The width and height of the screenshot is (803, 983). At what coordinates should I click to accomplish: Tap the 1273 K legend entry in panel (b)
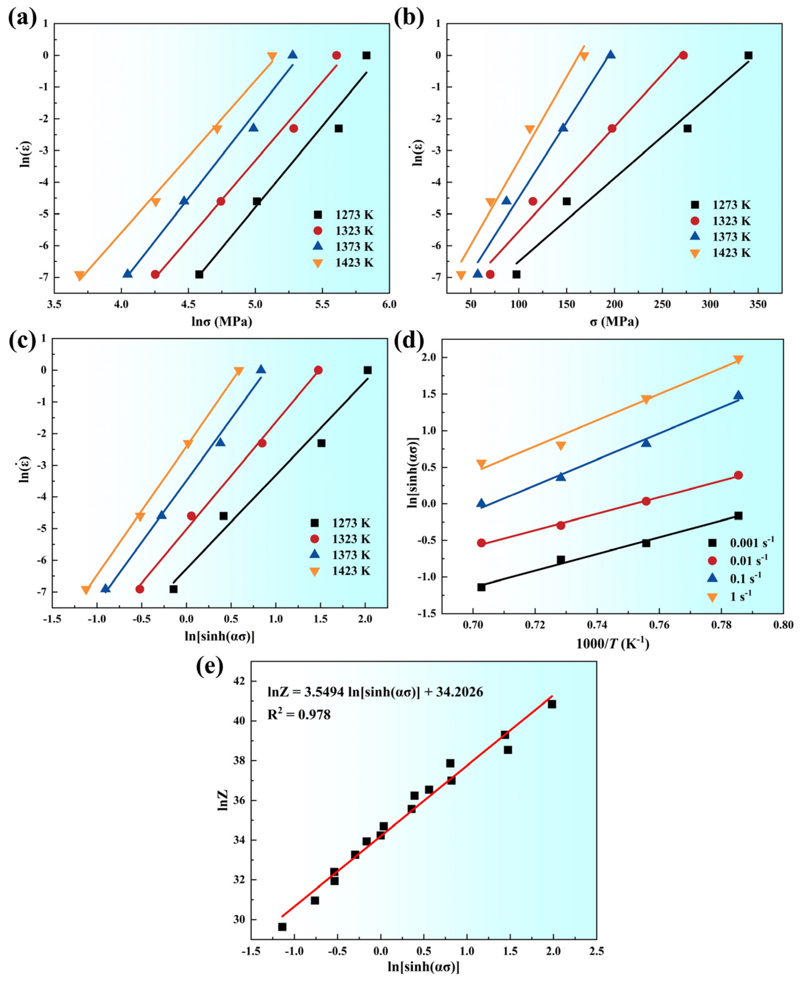[x=721, y=205]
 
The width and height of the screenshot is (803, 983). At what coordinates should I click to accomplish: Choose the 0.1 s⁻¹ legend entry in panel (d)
[x=736, y=578]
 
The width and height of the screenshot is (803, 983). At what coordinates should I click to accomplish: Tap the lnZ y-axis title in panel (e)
[x=223, y=801]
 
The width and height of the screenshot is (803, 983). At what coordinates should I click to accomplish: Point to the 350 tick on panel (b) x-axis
[x=758, y=304]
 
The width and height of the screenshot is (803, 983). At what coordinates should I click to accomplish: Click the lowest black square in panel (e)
[x=282, y=927]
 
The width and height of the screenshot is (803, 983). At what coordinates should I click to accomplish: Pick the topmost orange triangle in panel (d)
[x=738, y=360]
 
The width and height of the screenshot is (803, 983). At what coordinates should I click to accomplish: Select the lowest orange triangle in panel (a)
[x=80, y=276]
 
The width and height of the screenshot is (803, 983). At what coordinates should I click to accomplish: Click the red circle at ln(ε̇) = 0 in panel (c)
[x=318, y=370]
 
